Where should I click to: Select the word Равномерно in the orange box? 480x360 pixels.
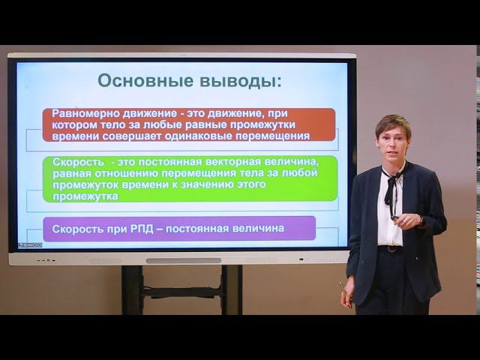pyautogui.click(x=85, y=114)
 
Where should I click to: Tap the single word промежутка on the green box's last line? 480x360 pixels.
pyautogui.click(x=85, y=196)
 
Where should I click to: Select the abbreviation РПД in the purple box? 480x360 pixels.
pyautogui.click(x=142, y=229)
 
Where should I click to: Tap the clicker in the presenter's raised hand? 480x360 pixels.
pyautogui.click(x=394, y=218)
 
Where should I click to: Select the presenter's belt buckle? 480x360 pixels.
pyautogui.click(x=391, y=250)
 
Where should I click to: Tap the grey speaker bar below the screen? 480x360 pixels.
pyautogui.click(x=183, y=261)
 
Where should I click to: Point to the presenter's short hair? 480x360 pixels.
pyautogui.click(x=393, y=123)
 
